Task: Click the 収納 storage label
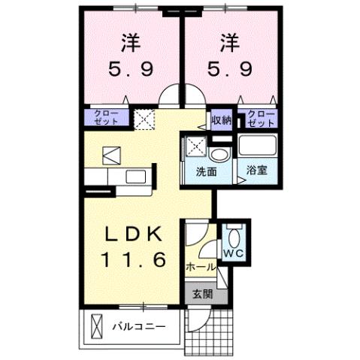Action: (x=220, y=119)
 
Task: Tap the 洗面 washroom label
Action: (x=207, y=171)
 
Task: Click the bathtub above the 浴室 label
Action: (x=258, y=148)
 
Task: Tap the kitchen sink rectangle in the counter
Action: (x=138, y=177)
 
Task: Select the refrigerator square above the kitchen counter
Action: (x=110, y=155)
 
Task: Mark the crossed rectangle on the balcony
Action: (x=96, y=327)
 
